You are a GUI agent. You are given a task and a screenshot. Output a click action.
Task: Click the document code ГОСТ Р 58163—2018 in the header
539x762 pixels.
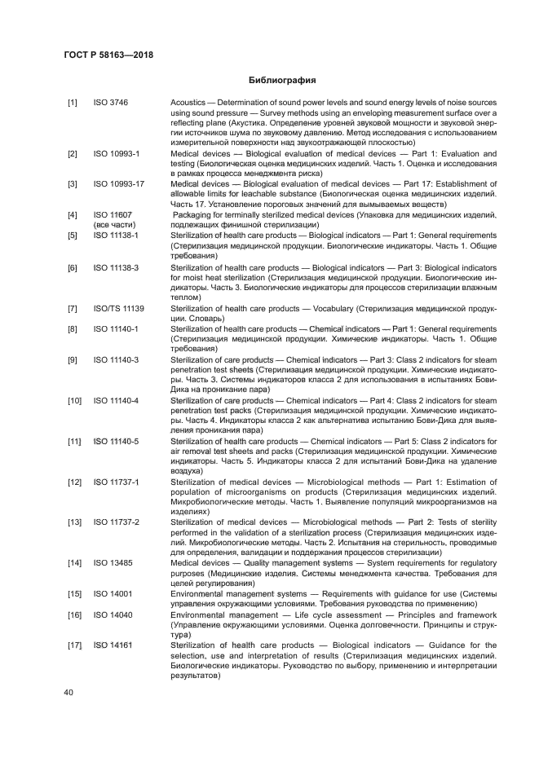(x=108, y=55)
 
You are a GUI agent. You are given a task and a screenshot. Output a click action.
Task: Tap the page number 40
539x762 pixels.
(x=68, y=692)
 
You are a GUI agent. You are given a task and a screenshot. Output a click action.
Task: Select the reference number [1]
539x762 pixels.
(x=73, y=102)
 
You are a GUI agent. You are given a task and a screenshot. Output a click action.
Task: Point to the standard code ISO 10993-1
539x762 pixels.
(x=116, y=154)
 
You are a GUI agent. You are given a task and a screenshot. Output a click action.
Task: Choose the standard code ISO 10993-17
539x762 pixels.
(x=118, y=184)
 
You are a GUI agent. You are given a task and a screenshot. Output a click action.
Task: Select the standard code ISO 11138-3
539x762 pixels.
(x=116, y=268)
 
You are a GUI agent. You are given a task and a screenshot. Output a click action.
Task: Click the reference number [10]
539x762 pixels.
(x=74, y=401)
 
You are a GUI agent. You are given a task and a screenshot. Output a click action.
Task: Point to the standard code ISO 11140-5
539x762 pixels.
(x=116, y=441)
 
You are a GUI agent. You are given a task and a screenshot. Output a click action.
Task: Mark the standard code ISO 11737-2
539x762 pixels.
(x=116, y=522)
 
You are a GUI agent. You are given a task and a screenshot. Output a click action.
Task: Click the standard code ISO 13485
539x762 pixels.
(x=113, y=562)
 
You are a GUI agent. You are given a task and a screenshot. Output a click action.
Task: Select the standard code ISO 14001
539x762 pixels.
(x=113, y=593)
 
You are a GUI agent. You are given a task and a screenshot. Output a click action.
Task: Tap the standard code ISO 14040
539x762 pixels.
(x=113, y=614)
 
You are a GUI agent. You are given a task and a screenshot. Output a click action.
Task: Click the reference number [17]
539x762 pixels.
(x=74, y=645)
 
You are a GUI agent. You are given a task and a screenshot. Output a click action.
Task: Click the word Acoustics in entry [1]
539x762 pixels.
(x=190, y=102)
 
